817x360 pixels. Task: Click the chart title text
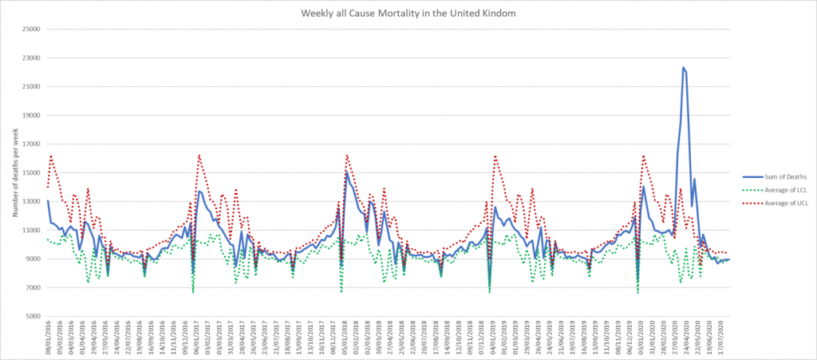pos(408,13)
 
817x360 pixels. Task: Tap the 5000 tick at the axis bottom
pos(34,316)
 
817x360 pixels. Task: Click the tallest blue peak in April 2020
pos(684,68)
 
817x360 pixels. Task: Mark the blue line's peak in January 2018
pos(346,172)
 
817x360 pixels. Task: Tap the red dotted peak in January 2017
pos(199,155)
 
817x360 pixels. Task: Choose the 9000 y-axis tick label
pos(34,259)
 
